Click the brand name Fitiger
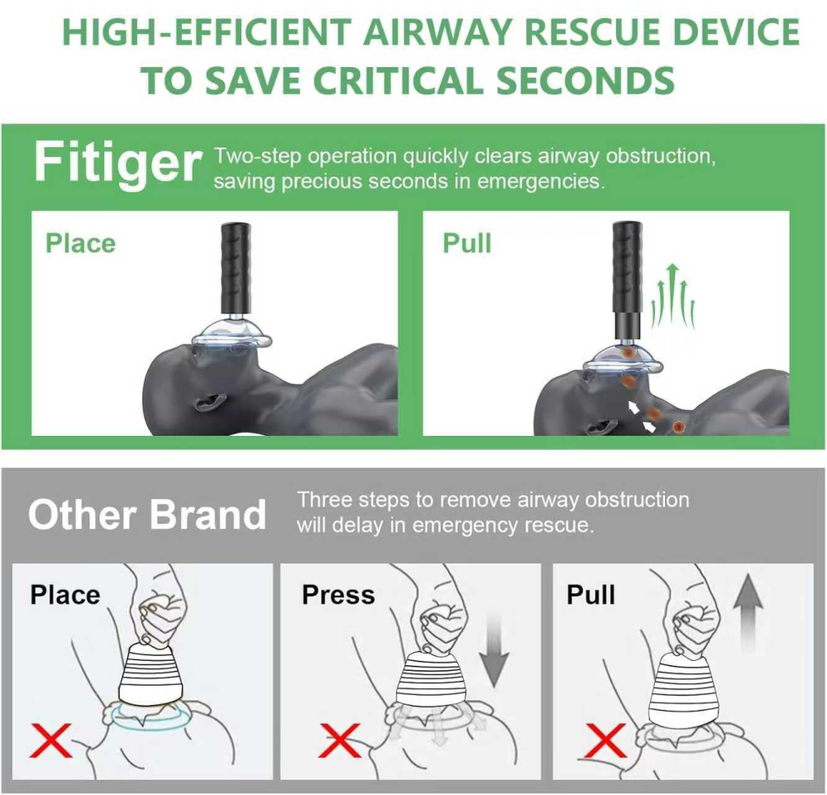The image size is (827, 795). click(x=117, y=163)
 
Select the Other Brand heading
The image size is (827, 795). click(x=147, y=515)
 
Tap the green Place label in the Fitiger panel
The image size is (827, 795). click(x=80, y=243)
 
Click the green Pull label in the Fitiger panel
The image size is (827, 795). click(x=467, y=243)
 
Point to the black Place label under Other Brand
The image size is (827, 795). click(x=65, y=595)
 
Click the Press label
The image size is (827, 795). click(x=338, y=595)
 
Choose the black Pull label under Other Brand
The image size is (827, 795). click(x=591, y=595)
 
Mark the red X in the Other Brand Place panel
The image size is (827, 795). click(x=50, y=739)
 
